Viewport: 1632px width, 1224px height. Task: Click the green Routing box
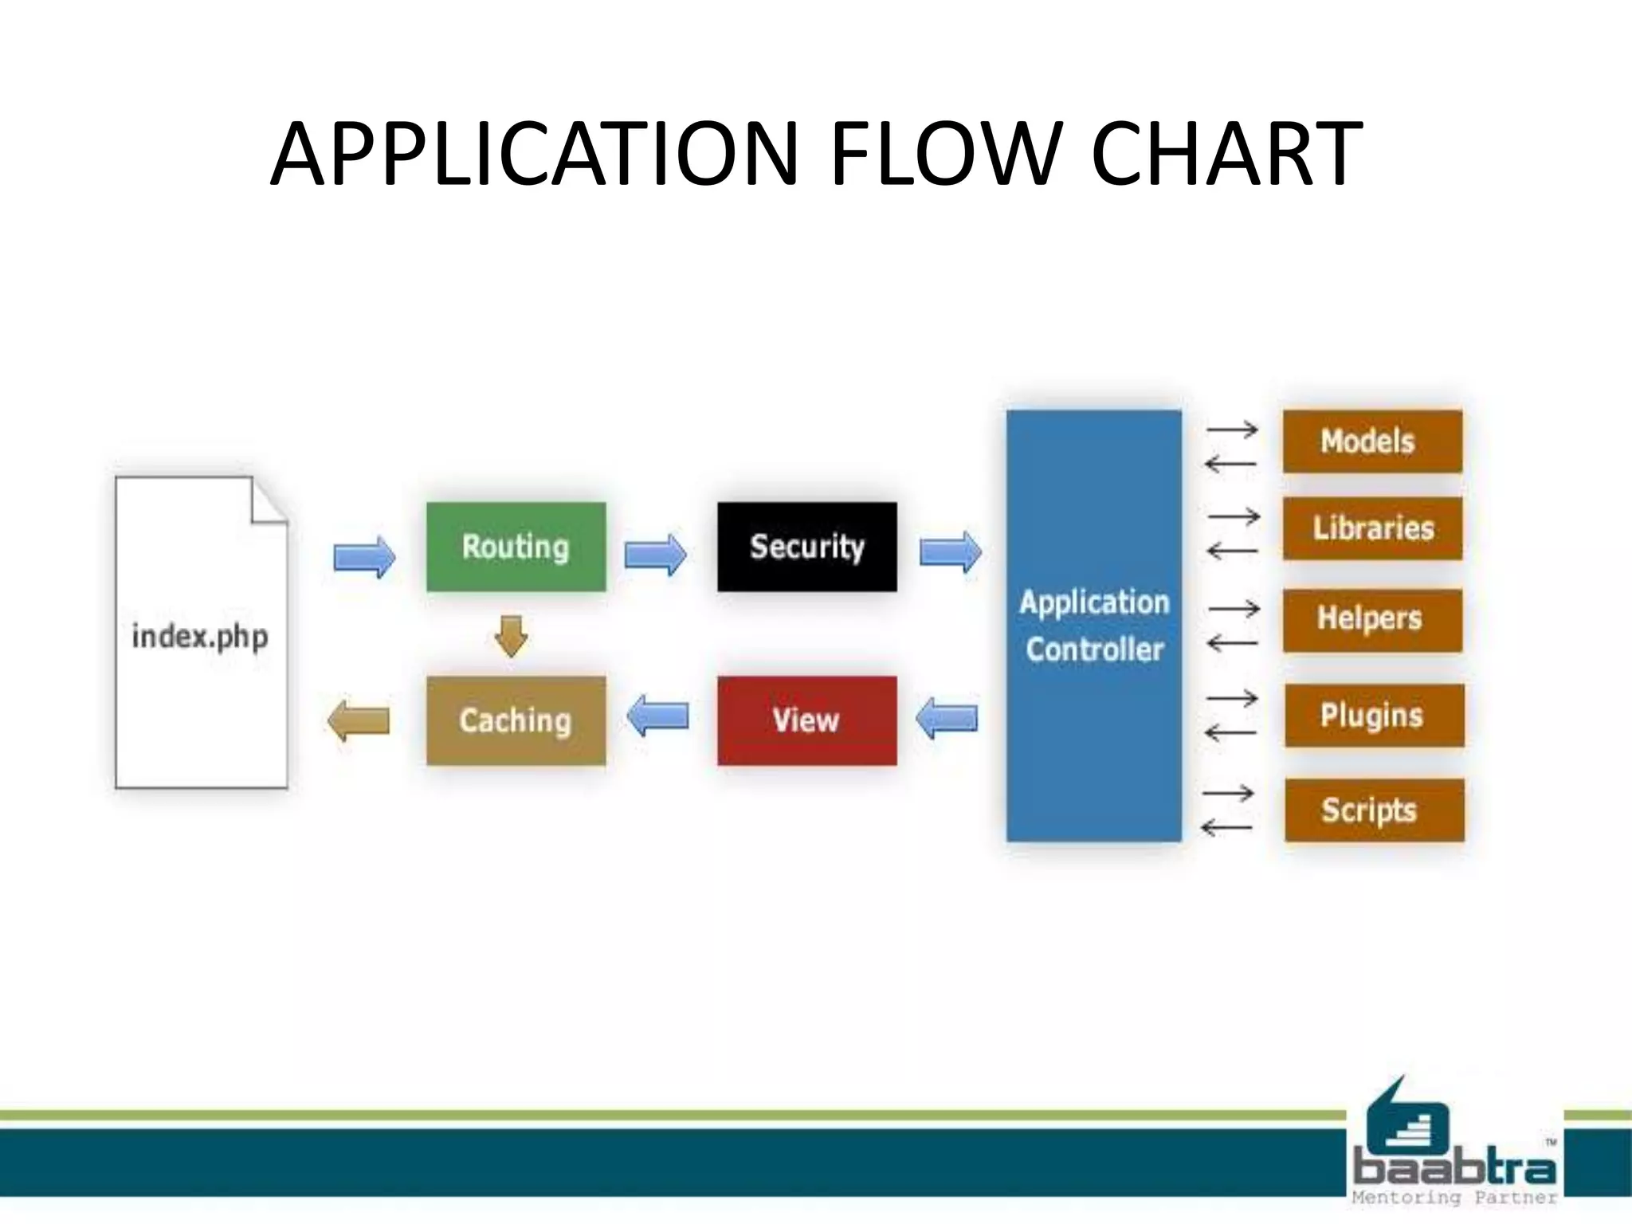tap(516, 547)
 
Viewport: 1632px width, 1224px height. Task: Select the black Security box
tap(806, 547)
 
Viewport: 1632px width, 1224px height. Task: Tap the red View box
tap(806, 720)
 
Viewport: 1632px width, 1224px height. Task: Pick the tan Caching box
tap(516, 720)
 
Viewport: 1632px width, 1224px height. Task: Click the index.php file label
tap(200, 637)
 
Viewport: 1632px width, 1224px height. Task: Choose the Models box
tap(1371, 441)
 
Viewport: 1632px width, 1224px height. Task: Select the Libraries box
tap(1371, 528)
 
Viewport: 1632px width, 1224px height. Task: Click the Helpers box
tap(1371, 619)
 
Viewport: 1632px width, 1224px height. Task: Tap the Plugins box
tap(1373, 715)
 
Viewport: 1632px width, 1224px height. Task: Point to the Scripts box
tap(1373, 810)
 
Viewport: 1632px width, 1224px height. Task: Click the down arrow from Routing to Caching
tap(511, 635)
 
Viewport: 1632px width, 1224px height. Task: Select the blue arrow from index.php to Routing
tap(364, 555)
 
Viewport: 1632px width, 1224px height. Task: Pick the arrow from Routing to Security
tap(655, 555)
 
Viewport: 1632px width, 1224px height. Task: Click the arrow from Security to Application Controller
tap(950, 551)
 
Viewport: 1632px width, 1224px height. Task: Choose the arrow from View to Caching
tap(657, 715)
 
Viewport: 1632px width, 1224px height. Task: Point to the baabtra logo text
tap(1453, 1169)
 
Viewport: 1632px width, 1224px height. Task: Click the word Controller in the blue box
tap(1094, 649)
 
